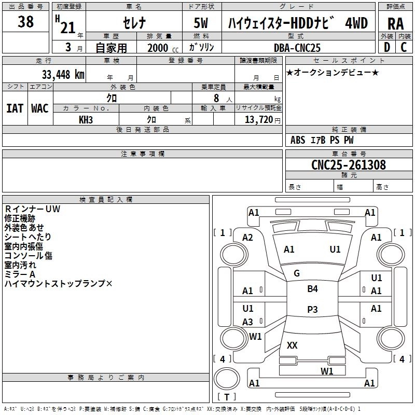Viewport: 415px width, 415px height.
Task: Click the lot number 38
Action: (26, 23)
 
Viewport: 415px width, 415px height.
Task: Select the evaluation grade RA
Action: (395, 24)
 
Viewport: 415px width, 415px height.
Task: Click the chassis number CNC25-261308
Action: (349, 165)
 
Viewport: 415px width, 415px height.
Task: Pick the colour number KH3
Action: (86, 119)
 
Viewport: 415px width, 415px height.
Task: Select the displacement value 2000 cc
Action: (162, 48)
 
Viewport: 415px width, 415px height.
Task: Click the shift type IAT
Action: (15, 108)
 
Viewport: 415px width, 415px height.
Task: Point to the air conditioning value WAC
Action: (40, 108)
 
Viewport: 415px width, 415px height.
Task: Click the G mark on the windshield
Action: (297, 273)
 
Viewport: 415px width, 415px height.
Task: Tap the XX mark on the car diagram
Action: (292, 345)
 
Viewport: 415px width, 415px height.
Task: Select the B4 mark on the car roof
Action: (312, 289)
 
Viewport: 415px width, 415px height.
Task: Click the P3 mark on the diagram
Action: (312, 310)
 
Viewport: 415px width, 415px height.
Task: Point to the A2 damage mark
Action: (248, 238)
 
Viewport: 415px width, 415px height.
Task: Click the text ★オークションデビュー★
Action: (333, 72)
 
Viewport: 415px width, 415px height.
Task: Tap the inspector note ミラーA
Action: (20, 274)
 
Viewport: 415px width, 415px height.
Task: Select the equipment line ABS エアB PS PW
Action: (322, 140)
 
